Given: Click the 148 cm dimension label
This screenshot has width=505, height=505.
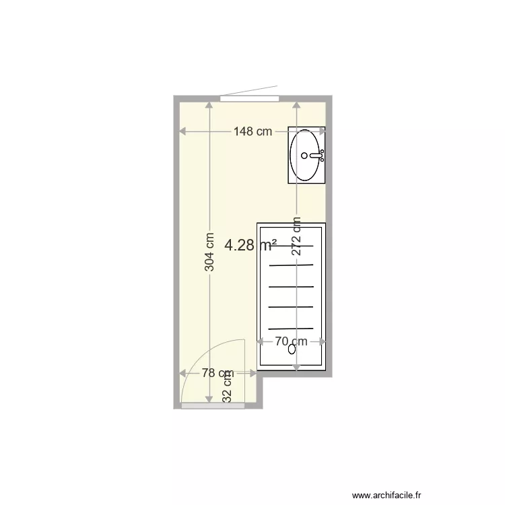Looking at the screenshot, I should point(252,132).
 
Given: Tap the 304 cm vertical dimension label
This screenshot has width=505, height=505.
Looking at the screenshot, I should point(209,252).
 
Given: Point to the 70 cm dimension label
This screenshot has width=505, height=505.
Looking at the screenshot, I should point(291,341).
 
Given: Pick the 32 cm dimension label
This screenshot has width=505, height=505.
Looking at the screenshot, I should point(228,387).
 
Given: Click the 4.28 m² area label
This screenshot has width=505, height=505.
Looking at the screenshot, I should point(250,246).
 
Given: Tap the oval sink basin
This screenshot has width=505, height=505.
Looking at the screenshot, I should point(306,156).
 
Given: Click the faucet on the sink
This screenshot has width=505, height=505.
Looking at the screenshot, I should point(321,156).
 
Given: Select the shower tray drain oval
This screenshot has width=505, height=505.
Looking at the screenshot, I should point(292,349).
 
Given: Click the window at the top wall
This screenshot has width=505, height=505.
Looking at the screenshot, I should point(249,98).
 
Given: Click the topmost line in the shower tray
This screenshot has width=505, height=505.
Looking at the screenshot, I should point(292,245).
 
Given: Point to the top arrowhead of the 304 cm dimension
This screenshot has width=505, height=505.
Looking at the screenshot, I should point(209,104).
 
